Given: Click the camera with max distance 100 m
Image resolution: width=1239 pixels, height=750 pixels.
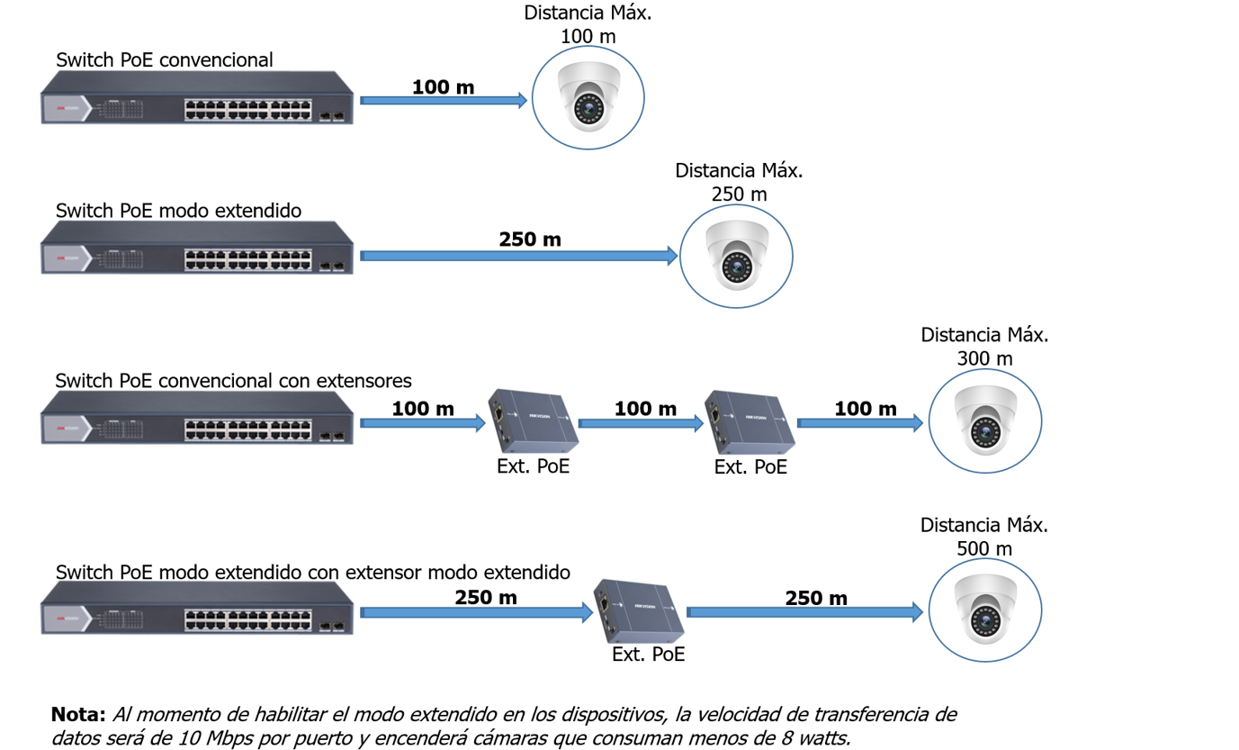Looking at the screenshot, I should click(588, 96).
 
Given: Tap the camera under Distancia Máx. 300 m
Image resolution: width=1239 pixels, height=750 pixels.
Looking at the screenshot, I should click(984, 420).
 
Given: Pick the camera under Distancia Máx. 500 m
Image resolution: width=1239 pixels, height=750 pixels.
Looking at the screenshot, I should click(984, 610).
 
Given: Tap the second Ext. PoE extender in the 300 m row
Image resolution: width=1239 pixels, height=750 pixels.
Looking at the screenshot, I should click(750, 421).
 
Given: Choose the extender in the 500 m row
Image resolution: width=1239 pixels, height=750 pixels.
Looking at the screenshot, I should click(639, 610).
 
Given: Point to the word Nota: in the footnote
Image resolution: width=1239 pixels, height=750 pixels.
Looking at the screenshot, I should click(78, 715).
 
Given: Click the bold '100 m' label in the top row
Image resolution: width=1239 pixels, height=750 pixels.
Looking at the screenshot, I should click(443, 87).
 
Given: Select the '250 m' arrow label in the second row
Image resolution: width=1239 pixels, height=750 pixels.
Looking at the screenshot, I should click(530, 239).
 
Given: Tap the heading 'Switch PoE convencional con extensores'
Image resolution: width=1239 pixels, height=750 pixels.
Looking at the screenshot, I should click(233, 380).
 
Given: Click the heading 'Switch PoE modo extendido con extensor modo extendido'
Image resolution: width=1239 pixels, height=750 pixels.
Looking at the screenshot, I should click(312, 572).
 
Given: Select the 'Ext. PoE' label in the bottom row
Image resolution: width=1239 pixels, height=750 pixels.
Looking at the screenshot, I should click(648, 655).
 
